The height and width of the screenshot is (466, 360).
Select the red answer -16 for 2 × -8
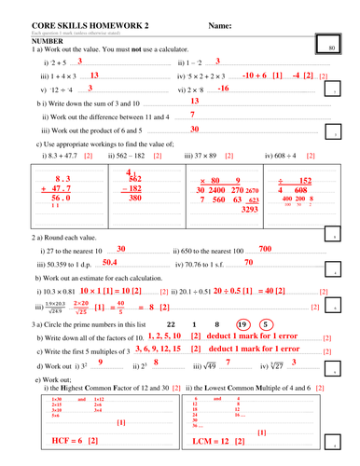[x=223, y=88]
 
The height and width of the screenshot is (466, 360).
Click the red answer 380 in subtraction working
[x=135, y=199]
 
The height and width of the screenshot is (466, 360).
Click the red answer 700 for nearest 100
[x=266, y=250]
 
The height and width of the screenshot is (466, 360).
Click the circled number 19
[x=242, y=324]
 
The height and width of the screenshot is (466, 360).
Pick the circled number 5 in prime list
[x=266, y=324]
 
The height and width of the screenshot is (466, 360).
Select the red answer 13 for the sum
[x=194, y=102]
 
